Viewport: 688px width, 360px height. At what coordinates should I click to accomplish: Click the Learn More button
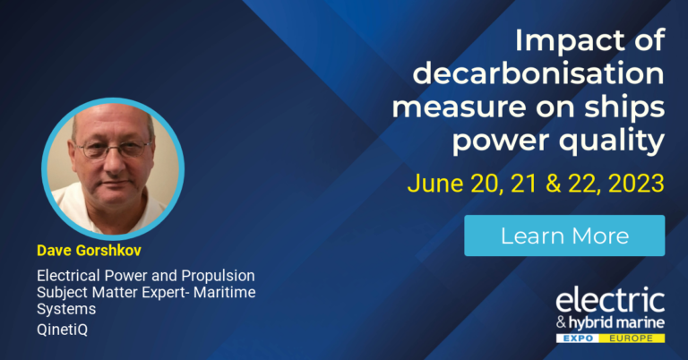[564, 236]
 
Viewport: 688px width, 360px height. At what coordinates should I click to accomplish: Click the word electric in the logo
[610, 298]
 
